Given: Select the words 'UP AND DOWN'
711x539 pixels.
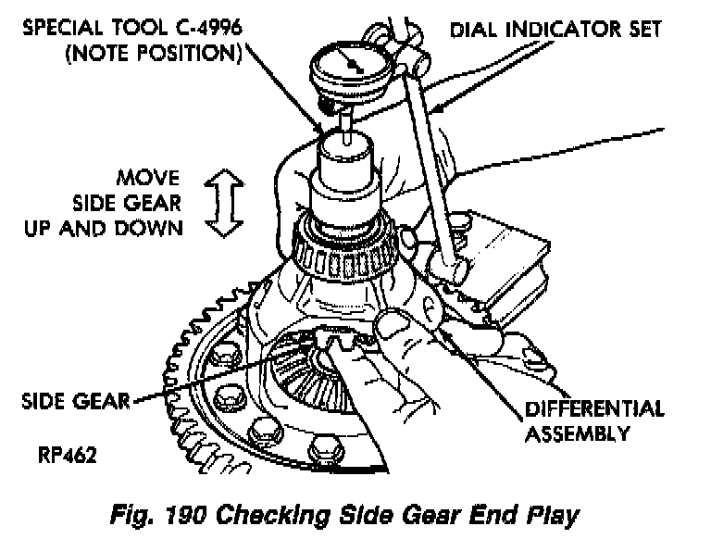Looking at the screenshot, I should coord(104,227).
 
